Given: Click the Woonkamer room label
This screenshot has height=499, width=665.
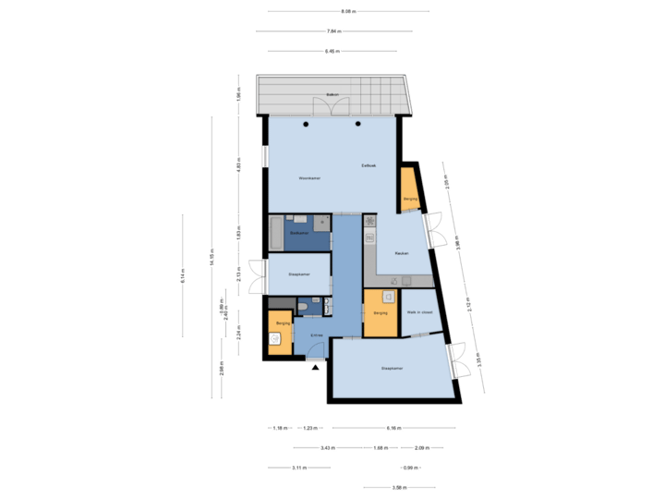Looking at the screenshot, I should point(309,177).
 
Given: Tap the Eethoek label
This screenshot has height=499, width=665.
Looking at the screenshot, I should point(369,164).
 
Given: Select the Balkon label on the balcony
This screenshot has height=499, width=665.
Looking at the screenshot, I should point(332,95).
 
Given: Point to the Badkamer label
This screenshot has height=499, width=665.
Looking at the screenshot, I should point(298,233).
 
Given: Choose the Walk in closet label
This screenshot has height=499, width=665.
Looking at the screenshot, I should point(419,312).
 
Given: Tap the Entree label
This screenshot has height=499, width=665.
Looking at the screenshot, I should point(316,335).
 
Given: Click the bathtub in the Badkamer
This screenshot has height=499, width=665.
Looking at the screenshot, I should point(276,232).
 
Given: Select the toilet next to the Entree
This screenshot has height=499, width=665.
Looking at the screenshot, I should point(304,307).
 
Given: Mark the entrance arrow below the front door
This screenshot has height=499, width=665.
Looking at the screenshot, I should point(317,368).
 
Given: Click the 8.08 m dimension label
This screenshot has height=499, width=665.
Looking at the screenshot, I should point(348,11).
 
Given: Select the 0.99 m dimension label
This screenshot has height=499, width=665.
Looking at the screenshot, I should point(407,468).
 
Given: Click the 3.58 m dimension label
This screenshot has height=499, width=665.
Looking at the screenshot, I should point(398,487).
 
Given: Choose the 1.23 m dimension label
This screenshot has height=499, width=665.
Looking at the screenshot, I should point(310,428).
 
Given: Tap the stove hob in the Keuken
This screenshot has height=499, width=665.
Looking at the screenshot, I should point(369,223).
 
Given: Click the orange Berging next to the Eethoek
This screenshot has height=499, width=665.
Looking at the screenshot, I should point(409,189).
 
